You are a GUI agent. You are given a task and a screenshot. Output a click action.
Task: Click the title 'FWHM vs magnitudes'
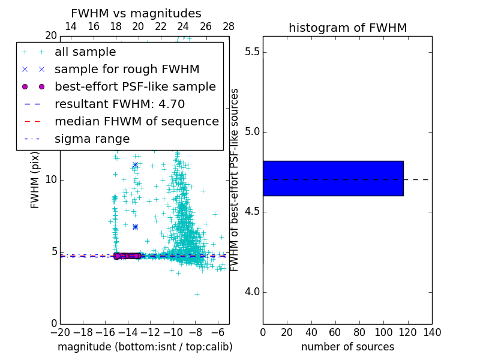coord(136,13)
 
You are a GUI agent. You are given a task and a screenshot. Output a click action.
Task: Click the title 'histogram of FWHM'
coord(347,28)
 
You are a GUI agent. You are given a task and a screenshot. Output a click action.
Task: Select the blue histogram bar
coord(333,178)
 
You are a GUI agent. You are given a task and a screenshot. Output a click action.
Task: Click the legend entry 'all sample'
coord(85,52)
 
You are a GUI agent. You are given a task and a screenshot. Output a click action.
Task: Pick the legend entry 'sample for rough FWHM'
coord(127,69)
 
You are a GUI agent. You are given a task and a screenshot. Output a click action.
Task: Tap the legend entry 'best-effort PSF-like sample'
coord(135,86)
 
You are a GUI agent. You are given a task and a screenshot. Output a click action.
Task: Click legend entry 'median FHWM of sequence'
coord(136,121)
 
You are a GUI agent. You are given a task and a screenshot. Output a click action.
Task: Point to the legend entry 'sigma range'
coord(92,139)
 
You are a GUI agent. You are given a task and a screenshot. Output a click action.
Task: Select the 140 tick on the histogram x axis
coord(432,332)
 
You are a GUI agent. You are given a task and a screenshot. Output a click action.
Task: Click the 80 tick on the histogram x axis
coord(359,332)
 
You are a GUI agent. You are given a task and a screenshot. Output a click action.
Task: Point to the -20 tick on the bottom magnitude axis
coord(60,332)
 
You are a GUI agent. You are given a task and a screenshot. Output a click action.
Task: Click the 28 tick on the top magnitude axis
coord(229,26)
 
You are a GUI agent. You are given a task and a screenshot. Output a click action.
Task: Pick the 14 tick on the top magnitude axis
coord(70,26)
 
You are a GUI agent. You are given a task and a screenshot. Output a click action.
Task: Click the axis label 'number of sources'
coord(347,347)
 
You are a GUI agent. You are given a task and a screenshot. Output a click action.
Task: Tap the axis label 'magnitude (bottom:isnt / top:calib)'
coord(145,347)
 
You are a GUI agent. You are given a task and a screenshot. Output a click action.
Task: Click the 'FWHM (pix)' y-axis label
coord(35,180)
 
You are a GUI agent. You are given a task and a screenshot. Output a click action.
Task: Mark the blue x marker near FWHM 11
coord(135,164)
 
